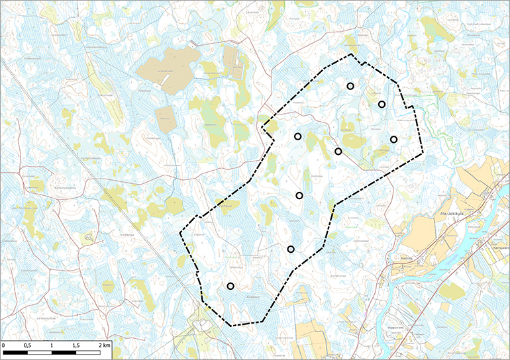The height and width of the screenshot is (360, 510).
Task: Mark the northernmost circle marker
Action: click(x=350, y=86)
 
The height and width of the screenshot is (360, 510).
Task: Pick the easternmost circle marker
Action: click(x=393, y=139)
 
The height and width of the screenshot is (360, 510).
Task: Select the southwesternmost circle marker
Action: click(x=230, y=286)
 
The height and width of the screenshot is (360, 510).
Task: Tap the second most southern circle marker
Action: click(x=291, y=249)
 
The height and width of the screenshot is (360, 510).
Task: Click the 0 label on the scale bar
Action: click(x=4, y=345)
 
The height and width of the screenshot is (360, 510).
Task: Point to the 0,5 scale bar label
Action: click(x=26, y=345)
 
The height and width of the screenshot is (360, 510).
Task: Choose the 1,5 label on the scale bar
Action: click(x=76, y=345)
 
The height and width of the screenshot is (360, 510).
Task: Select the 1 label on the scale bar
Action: click(x=51, y=345)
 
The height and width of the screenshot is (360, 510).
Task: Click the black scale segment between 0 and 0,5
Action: click(x=15, y=352)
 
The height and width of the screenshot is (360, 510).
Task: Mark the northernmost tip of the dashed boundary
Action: click(x=348, y=54)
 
